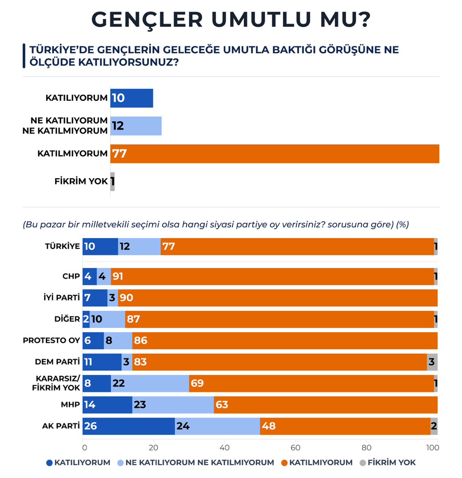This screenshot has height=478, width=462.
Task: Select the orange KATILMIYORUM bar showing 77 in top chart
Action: pyautogui.click(x=275, y=154)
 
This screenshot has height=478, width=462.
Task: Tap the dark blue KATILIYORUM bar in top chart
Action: pyautogui.click(x=131, y=98)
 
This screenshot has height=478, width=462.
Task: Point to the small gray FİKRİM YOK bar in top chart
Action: pyautogui.click(x=112, y=182)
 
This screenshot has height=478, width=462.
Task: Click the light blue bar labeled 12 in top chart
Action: pyautogui.click(x=136, y=126)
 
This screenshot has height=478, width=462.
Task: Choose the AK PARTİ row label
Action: pyautogui.click(x=61, y=426)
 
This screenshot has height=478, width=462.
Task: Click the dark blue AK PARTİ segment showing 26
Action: pyautogui.click(x=128, y=426)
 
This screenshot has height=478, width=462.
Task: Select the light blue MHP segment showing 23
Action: pyautogui.click(x=173, y=405)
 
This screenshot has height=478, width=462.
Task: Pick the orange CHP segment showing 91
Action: pyautogui.click(x=272, y=276)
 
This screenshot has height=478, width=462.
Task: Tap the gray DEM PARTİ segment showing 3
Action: pyautogui.click(x=432, y=362)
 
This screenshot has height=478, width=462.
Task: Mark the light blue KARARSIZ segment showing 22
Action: pyautogui.click(x=150, y=383)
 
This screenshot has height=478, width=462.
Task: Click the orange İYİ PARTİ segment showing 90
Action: pyautogui.click(x=278, y=298)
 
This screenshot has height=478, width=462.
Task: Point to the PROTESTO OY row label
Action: pyautogui.click(x=51, y=341)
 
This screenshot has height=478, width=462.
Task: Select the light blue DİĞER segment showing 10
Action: pyautogui.click(x=107, y=319)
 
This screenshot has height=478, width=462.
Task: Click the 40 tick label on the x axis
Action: pyautogui.click(x=225, y=447)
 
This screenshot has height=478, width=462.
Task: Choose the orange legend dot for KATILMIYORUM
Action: pyautogui.click(x=284, y=463)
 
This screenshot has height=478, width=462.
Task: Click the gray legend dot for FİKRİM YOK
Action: pyautogui.click(x=362, y=463)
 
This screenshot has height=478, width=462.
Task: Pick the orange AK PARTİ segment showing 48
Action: pyautogui.click(x=345, y=426)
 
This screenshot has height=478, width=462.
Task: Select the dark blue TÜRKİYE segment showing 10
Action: pyautogui.click(x=100, y=247)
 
